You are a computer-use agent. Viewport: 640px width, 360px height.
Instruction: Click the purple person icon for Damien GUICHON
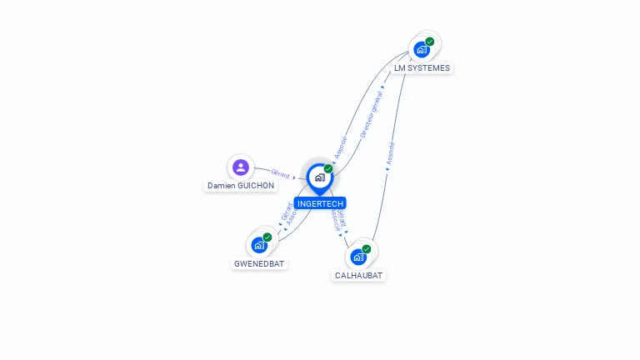pos(241,167)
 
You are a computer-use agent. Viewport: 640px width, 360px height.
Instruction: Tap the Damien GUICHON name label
pos(241,186)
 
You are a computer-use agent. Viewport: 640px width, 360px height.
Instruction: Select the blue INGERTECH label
pos(319,203)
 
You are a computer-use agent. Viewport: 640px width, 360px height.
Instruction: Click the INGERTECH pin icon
pos(319,177)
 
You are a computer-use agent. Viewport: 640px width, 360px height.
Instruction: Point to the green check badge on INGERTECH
pos(328,169)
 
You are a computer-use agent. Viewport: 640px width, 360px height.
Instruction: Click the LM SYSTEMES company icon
pos(422,49)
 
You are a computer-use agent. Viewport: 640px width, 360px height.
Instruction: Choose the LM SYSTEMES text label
pos(422,67)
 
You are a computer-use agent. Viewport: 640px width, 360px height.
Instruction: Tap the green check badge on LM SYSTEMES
pos(430,42)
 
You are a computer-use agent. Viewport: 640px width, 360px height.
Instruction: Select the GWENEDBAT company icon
pos(259,245)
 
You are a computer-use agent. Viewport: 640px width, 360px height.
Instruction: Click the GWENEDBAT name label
pos(259,263)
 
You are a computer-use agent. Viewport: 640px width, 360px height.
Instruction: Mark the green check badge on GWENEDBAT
pos(267,237)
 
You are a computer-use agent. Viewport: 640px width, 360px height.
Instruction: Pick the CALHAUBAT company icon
pos(358,257)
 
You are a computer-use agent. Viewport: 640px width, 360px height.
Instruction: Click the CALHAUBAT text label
pos(359,275)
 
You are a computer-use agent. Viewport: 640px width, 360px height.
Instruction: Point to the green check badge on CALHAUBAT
pos(367,249)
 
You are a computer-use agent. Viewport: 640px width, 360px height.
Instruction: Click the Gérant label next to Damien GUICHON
pos(280,174)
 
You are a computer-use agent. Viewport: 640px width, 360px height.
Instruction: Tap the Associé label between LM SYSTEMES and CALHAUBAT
pos(390,152)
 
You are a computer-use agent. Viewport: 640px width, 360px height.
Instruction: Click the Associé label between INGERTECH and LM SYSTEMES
pos(340,148)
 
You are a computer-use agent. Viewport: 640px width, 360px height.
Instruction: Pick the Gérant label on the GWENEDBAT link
pos(286,212)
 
